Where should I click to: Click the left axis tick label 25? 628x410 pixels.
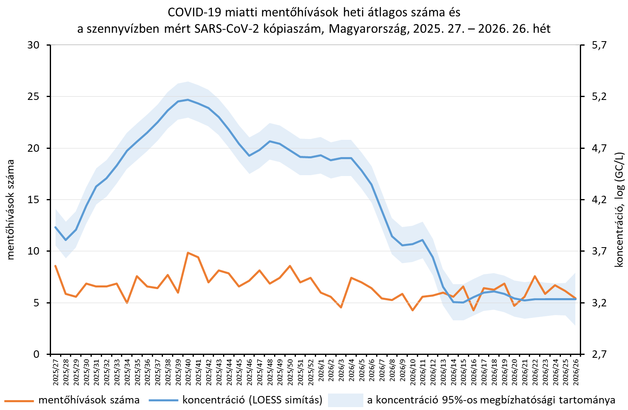pos(33,97)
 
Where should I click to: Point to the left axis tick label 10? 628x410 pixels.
pos(33,251)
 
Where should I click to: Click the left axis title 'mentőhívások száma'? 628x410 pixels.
pos(10,210)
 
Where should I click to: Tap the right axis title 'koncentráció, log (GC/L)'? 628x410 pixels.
pos(619,210)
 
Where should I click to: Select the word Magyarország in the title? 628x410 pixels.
pos(367,29)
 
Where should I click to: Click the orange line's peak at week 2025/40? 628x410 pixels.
pos(188,253)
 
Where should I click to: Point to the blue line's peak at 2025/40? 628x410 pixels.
pos(188,100)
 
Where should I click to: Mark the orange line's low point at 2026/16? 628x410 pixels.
pos(474,310)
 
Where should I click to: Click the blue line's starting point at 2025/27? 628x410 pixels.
pos(56,227)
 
